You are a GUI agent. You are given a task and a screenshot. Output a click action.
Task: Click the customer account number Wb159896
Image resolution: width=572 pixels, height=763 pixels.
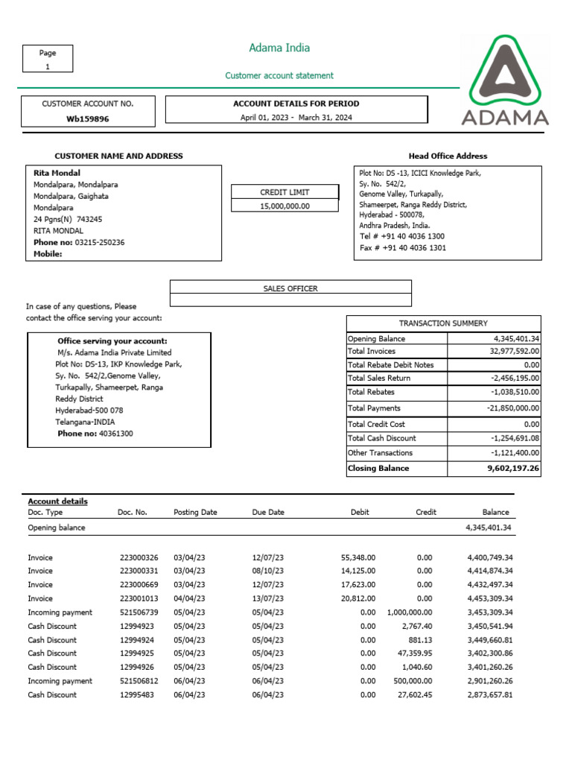click(x=88, y=118)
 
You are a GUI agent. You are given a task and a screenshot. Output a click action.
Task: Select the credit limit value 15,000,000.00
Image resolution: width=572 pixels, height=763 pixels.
click(x=285, y=206)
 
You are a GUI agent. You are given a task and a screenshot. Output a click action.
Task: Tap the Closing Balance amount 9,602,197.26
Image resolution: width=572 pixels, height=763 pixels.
click(x=512, y=469)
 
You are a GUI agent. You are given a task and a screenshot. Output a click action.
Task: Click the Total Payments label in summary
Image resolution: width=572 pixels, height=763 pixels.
click(x=374, y=408)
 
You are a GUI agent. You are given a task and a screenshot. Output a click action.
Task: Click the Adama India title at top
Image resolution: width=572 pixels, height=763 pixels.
click(x=279, y=48)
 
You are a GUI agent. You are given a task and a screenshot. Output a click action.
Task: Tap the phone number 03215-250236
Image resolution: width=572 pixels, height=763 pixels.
click(x=100, y=242)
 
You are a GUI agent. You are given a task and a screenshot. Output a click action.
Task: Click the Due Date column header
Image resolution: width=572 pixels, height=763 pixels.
click(x=268, y=513)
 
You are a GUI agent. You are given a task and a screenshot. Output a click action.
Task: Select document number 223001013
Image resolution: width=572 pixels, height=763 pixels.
click(x=139, y=598)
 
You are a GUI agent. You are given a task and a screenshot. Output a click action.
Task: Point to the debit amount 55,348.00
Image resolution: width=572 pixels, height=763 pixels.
click(x=358, y=557)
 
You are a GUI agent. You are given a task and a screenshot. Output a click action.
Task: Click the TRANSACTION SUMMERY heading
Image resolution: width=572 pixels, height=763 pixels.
click(x=443, y=323)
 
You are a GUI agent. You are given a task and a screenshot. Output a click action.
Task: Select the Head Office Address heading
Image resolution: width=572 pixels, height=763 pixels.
click(x=448, y=156)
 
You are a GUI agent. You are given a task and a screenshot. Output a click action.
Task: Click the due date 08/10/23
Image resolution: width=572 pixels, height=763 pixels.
click(x=268, y=571)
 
